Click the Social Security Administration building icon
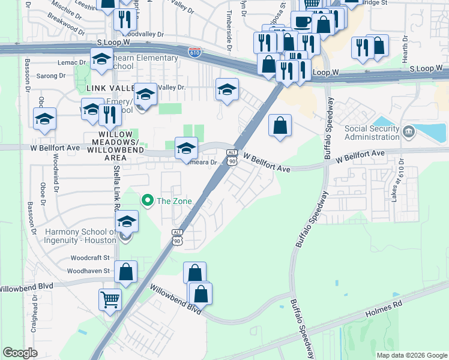point(408,131)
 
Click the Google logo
point(20,353)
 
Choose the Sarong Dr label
point(50,76)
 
